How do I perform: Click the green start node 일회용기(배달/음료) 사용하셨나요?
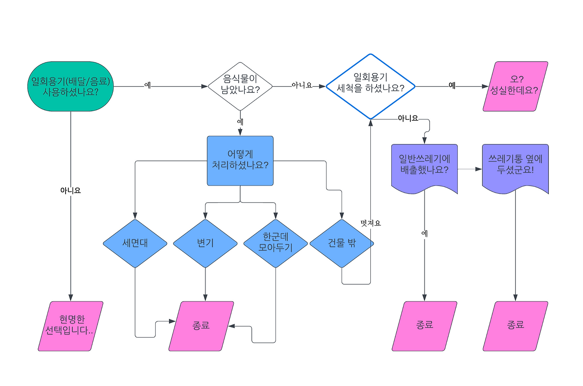[71, 86]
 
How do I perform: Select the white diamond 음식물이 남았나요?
[240, 86]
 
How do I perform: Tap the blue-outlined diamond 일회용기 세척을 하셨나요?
[370, 86]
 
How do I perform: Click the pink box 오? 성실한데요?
[515, 86]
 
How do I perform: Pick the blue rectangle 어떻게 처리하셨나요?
[240, 160]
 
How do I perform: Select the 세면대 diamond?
[135, 243]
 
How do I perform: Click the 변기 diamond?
[205, 243]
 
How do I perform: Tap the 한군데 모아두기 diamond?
[276, 243]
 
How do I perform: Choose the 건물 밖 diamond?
[342, 243]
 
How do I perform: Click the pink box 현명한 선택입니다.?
[71, 326]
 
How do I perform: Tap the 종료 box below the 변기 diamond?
[201, 326]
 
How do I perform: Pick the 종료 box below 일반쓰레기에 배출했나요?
[424, 326]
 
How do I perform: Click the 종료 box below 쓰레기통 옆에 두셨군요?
[515, 326]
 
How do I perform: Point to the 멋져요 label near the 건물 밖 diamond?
[370, 223]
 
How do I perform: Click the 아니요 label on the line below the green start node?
[71, 190]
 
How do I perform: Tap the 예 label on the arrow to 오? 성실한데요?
[452, 86]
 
